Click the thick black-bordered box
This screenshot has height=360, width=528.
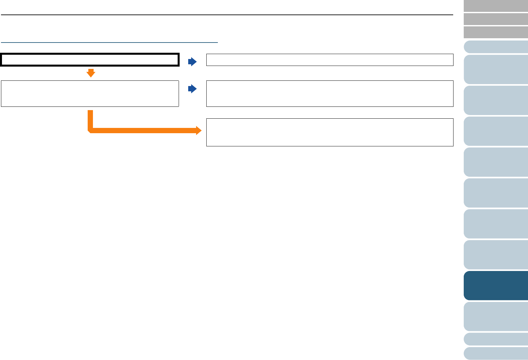[x=90, y=60]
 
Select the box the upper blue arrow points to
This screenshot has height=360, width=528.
[x=330, y=60]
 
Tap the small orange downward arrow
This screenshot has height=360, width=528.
[x=91, y=73]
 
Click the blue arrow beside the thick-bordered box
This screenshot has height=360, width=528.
[x=192, y=62]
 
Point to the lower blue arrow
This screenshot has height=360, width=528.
[x=192, y=89]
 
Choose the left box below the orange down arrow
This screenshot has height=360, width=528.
[x=90, y=94]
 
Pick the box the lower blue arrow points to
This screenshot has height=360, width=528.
[x=330, y=94]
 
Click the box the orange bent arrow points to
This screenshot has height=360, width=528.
[x=330, y=132]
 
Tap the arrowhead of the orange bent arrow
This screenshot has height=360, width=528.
[x=198, y=131]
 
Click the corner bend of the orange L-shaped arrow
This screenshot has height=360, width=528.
[x=91, y=130]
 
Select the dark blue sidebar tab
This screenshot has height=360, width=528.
[x=496, y=285]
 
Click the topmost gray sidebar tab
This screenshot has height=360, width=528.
[x=496, y=6]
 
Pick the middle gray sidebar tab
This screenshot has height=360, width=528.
[x=496, y=19]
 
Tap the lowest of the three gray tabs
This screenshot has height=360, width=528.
[x=496, y=32]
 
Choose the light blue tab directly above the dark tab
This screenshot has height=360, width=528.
[x=496, y=255]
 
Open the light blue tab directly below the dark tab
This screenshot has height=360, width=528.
[x=496, y=316]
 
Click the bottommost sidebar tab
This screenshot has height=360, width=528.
[x=496, y=353]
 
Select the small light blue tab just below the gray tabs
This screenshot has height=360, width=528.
[x=496, y=47]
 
